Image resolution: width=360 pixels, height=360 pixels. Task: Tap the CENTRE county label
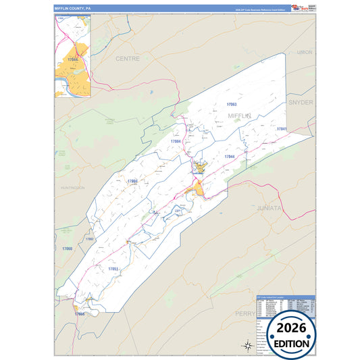pos(127,59)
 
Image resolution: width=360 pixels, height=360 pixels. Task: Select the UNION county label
pos(305,52)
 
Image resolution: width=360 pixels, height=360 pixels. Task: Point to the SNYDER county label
pos(301,102)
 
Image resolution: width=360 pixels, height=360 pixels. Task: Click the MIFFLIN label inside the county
pos(240,116)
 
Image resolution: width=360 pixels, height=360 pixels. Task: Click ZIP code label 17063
pos(232,105)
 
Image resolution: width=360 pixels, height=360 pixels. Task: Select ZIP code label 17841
pos(282,129)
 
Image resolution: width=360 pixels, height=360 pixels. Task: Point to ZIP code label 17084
pos(176,141)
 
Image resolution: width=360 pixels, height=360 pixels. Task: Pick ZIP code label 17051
pos(113,269)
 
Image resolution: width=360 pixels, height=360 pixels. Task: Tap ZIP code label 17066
pos(80,314)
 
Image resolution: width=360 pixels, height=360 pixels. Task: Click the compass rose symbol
pos(245,346)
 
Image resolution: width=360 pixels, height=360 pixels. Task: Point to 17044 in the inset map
pos(73,59)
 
